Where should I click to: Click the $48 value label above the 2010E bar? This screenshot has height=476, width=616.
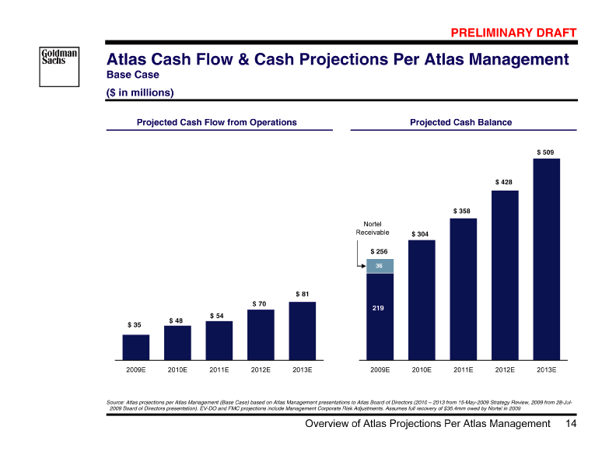[177, 320]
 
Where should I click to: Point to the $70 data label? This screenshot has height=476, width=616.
[260, 303]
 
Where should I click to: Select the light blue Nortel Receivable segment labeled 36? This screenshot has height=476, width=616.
[380, 266]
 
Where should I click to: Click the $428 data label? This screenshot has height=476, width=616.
[504, 182]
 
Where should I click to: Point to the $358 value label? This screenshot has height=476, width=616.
[463, 211]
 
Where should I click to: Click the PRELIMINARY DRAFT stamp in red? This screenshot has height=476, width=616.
[514, 32]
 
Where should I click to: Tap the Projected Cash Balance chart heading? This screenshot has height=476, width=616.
[460, 122]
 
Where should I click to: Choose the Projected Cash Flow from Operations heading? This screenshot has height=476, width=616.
[217, 122]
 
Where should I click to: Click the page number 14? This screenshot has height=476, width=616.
[571, 424]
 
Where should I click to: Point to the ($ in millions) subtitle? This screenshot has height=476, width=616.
[140, 92]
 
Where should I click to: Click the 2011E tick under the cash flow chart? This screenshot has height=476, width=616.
[219, 369]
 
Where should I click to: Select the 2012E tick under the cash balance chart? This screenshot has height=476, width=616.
[504, 369]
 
